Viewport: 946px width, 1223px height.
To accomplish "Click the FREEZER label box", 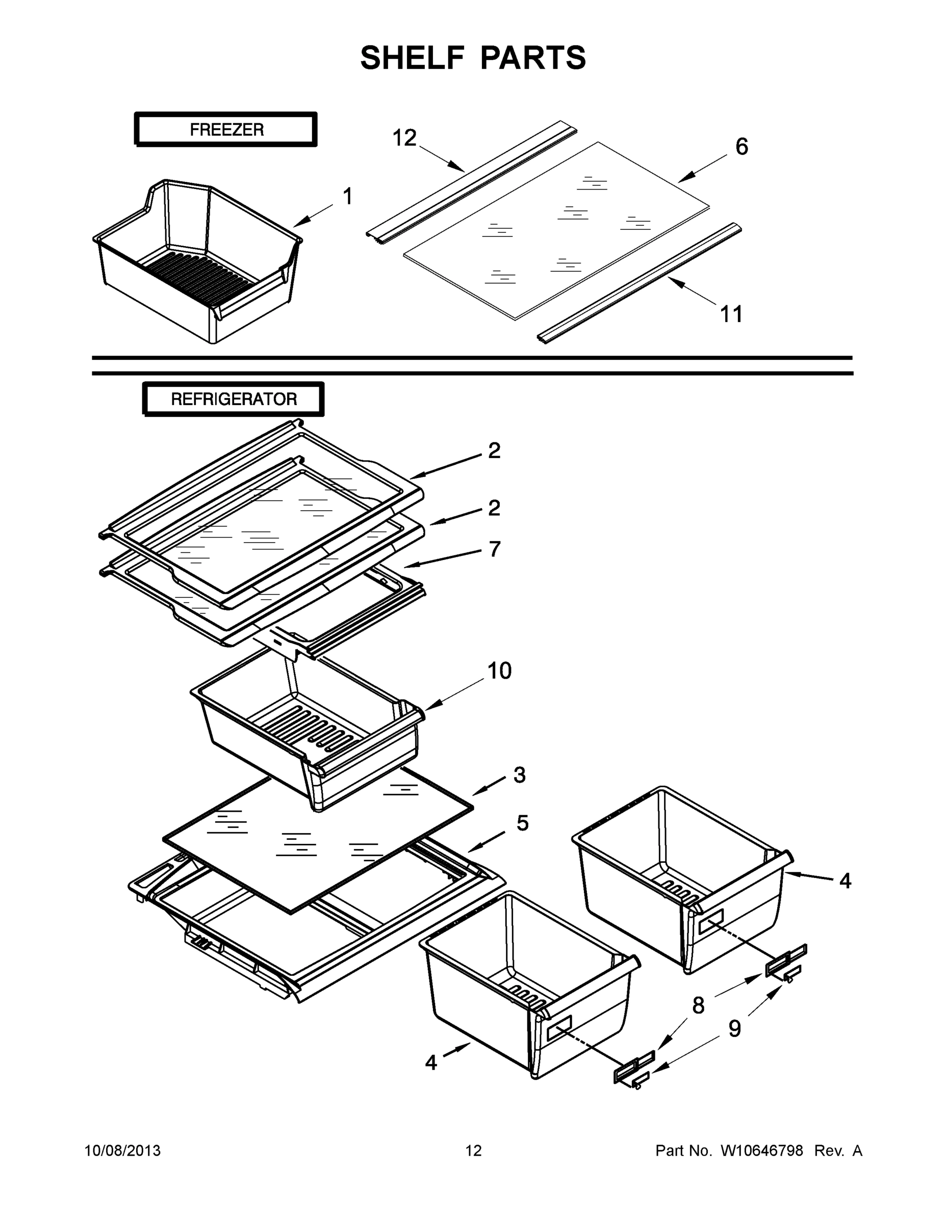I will [x=226, y=129].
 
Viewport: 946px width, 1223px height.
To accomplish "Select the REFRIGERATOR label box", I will [x=233, y=400].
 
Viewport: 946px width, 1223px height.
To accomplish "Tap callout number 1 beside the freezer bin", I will [x=347, y=197].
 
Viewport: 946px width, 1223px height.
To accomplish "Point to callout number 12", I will [x=404, y=138].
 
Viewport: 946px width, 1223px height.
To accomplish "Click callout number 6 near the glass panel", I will [x=741, y=147].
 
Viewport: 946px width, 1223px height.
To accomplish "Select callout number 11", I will [x=731, y=314].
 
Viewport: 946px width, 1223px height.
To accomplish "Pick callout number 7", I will [x=494, y=549].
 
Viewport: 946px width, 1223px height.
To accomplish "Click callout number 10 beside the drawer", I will [x=499, y=671].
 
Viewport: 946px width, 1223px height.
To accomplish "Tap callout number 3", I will [x=519, y=775].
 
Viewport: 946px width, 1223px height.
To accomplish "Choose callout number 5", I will [x=522, y=823].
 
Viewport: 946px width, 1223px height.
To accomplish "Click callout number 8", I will [x=698, y=1006].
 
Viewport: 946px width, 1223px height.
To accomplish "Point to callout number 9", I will [x=735, y=1029].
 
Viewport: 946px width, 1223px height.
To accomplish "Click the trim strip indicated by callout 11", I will [x=639, y=283].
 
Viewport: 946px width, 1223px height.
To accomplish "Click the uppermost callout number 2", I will [x=494, y=450].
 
